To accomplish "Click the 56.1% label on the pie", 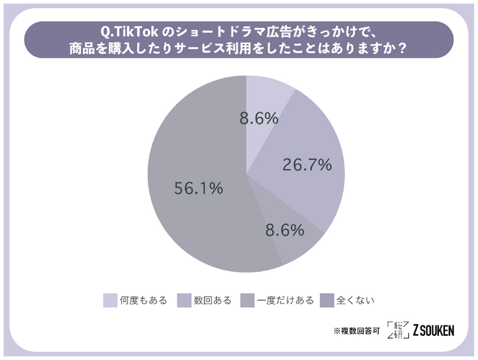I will [x=198, y=190].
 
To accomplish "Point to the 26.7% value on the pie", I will [x=307, y=165].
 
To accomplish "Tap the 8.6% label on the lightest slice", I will [x=259, y=118].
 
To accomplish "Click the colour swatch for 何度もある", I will [x=110, y=300].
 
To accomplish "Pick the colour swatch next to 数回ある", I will [x=184, y=300].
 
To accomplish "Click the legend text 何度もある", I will [x=144, y=300].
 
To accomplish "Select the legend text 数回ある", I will [x=213, y=300].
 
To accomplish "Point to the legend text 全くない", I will [x=355, y=300].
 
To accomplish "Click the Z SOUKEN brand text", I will [x=433, y=331].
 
